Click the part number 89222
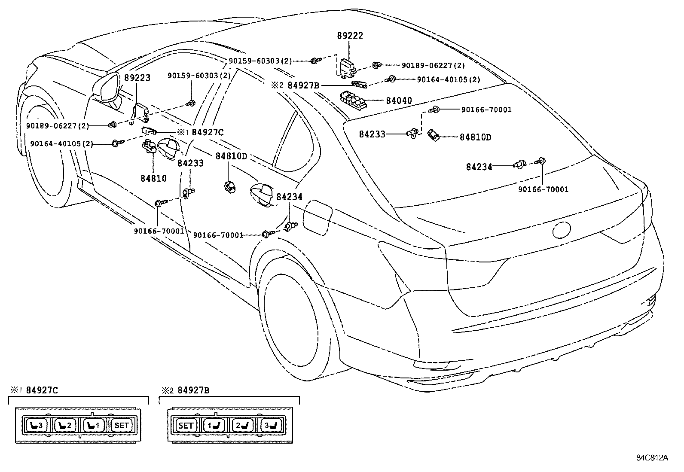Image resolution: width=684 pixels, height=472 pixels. point(350,36)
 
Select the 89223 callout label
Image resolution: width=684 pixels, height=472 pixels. point(137,78)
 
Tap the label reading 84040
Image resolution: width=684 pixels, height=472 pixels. point(399,101)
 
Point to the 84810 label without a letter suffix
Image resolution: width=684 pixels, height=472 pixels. point(153,178)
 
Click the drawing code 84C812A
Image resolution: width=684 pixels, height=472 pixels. point(652,458)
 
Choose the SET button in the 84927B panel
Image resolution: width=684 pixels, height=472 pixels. point(186,426)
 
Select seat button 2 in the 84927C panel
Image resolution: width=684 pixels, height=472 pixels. point(65,426)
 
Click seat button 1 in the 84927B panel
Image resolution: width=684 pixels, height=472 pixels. point(215,426)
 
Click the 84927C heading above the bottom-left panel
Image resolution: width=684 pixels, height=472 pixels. point(42,390)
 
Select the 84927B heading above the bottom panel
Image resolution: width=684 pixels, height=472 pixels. point(193,390)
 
